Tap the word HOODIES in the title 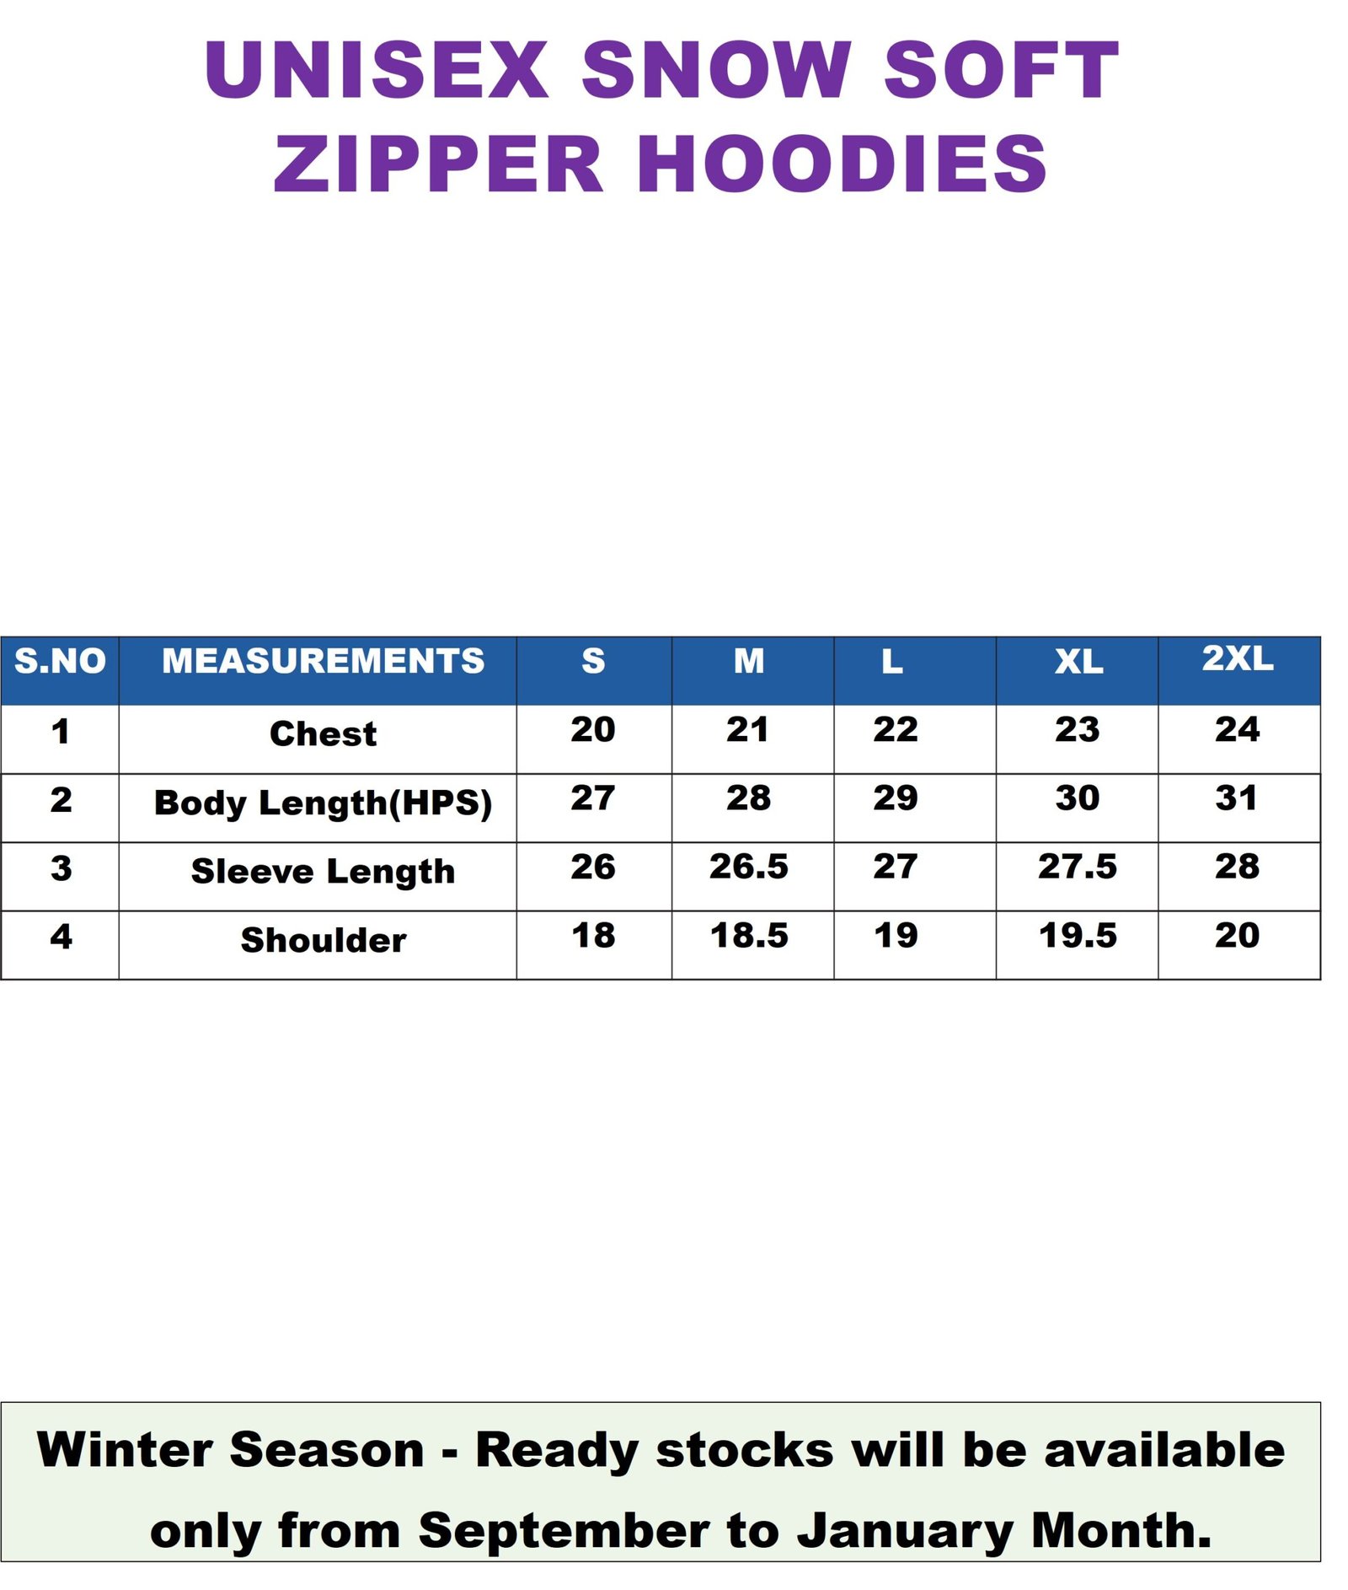click(842, 164)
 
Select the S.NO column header click(60, 661)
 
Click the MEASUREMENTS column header click(324, 661)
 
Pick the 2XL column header click(1237, 658)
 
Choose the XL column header click(1078, 662)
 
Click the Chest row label click(324, 733)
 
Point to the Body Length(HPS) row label click(324, 803)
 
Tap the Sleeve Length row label click(324, 871)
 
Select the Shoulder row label click(324, 940)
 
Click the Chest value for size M click(747, 729)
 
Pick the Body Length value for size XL click(1078, 798)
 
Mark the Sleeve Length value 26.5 click(748, 866)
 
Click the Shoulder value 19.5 click(1078, 935)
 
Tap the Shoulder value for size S click(593, 935)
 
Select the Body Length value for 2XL click(1237, 798)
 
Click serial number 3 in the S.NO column click(61, 868)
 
